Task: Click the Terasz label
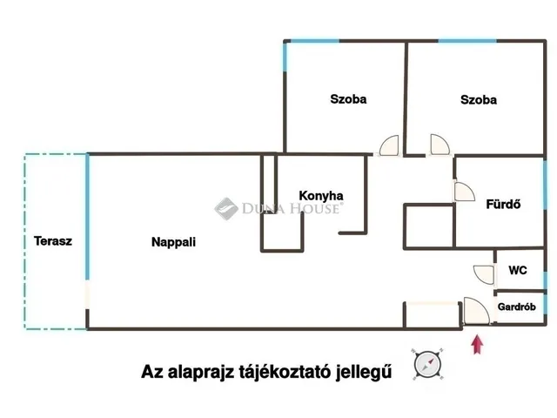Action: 53,241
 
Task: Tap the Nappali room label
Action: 173,242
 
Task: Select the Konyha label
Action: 321,195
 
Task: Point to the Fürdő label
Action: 503,204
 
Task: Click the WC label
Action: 518,270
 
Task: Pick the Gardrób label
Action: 516,307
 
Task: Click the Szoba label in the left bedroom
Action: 348,98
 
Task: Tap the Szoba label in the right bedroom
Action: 479,99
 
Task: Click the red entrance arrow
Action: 477,345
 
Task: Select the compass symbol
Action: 427,364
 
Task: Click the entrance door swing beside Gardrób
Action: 477,311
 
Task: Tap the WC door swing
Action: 484,274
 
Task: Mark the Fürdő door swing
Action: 465,192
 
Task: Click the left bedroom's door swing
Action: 389,145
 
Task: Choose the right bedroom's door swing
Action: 440,145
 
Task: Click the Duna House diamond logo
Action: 226,209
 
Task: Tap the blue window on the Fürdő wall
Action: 545,185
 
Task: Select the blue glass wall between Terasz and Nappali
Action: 87,217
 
